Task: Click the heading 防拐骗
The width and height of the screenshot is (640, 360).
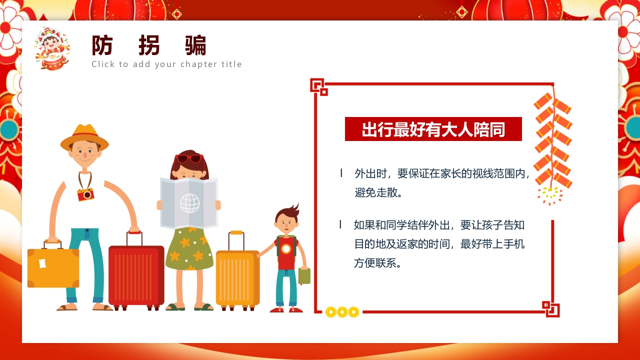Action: pyautogui.click(x=149, y=46)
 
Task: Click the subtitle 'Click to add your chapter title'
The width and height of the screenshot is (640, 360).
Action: pyautogui.click(x=166, y=64)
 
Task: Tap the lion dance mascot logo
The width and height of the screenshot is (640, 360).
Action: pyautogui.click(x=52, y=48)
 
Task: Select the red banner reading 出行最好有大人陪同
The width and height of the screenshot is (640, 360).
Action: pyautogui.click(x=433, y=129)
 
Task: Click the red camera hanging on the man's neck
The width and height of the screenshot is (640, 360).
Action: pyautogui.click(x=85, y=194)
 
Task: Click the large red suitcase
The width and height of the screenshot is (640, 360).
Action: pyautogui.click(x=136, y=274)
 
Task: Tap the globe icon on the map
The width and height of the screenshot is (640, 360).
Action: pyautogui.click(x=189, y=203)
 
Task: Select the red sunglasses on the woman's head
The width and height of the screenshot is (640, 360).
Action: pyautogui.click(x=189, y=158)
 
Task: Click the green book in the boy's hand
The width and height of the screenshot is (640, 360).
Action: pyautogui.click(x=304, y=276)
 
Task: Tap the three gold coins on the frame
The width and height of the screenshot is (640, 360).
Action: pyautogui.click(x=342, y=312)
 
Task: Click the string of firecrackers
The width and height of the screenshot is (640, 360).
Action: pyautogui.click(x=552, y=142)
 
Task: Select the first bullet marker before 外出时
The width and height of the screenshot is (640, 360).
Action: pyautogui.click(x=341, y=173)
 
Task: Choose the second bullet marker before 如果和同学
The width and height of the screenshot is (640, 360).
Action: pyautogui.click(x=340, y=224)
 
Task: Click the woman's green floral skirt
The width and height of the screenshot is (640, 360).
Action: pyautogui.click(x=189, y=248)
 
